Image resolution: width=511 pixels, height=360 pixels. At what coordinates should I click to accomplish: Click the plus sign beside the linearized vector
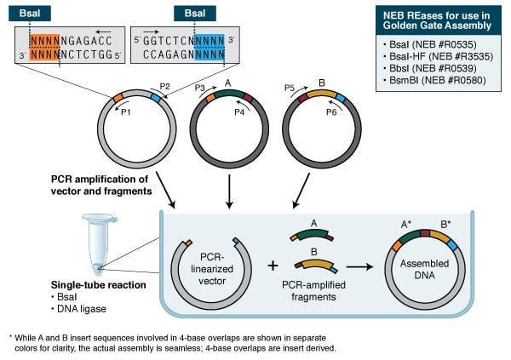[273, 265]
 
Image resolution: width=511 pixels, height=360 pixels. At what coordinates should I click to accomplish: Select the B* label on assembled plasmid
[447, 225]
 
